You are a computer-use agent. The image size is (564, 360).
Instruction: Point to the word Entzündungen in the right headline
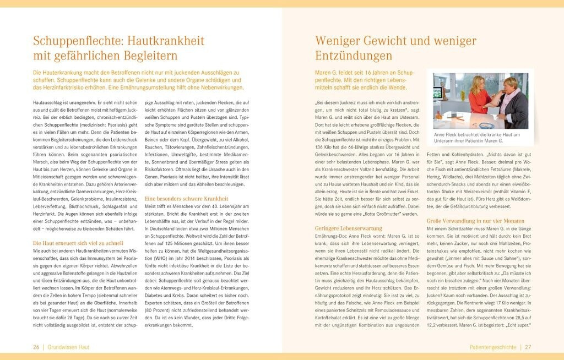354,56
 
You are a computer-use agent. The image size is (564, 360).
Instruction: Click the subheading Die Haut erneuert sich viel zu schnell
78,243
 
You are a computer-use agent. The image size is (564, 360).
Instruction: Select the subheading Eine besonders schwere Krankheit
186,198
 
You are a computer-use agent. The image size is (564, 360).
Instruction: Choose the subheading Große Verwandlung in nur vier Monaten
476,221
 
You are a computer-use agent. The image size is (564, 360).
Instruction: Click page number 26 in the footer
36,347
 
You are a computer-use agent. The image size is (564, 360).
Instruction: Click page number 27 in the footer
528,347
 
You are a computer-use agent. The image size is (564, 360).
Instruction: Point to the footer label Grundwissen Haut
68,347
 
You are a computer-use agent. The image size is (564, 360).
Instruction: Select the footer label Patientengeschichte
493,347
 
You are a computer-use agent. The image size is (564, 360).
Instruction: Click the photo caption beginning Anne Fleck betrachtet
476,138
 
